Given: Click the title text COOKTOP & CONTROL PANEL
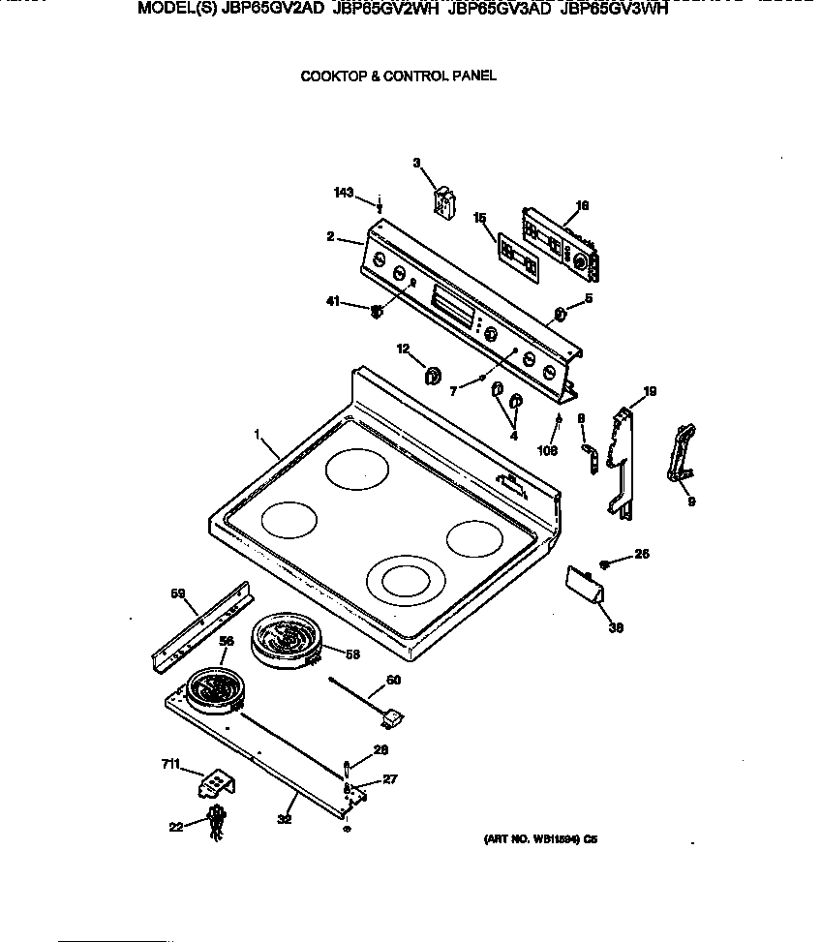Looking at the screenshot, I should pyautogui.click(x=399, y=76).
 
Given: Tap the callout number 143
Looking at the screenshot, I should pyautogui.click(x=344, y=193).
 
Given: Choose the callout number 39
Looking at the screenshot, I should pyautogui.click(x=615, y=627).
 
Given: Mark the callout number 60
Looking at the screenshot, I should pyautogui.click(x=392, y=680).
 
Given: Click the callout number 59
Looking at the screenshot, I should pyautogui.click(x=178, y=593).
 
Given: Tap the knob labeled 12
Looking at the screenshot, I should pyautogui.click(x=433, y=373).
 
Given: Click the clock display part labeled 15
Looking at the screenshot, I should pyautogui.click(x=518, y=257).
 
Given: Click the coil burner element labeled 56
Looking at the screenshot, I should pyautogui.click(x=214, y=689).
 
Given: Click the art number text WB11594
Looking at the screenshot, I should pyautogui.click(x=543, y=842).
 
